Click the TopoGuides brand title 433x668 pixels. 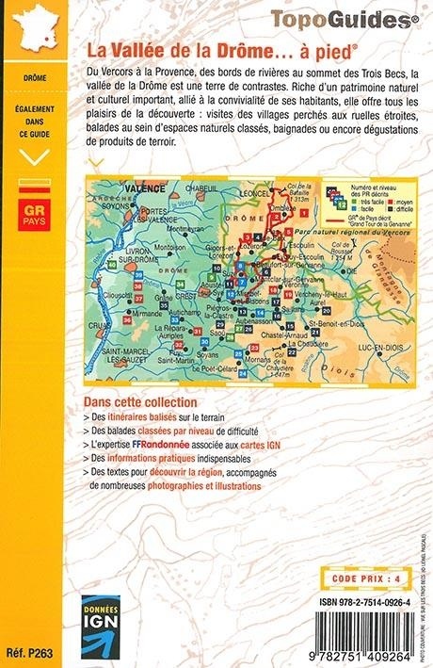pyautogui.click(x=345, y=17)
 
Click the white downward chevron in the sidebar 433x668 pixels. pyautogui.click(x=35, y=157)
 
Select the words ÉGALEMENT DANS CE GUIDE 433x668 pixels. pyautogui.click(x=34, y=122)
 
